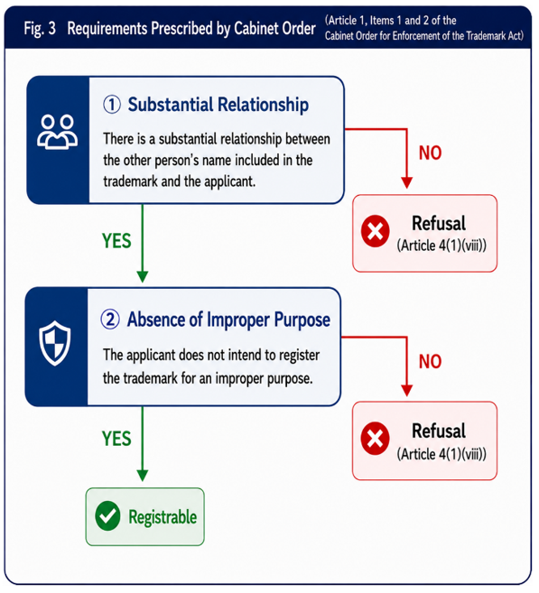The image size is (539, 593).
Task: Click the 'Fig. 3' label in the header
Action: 40,28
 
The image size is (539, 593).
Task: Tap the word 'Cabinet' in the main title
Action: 256,28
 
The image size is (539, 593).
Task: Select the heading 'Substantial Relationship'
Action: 218,105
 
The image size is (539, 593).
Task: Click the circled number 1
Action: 112,105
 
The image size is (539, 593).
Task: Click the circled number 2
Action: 110,320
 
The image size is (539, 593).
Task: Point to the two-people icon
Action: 58,132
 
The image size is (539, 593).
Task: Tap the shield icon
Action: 55,343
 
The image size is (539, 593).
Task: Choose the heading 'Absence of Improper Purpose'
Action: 228,320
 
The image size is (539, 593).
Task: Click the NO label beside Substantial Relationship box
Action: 430,153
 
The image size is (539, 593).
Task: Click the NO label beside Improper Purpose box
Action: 430,362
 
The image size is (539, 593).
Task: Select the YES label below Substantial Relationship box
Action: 116,241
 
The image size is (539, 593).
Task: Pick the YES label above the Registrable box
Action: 116,439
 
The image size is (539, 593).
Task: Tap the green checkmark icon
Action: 107,516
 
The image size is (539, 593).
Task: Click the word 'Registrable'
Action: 163,517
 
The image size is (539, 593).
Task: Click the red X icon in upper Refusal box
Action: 376,231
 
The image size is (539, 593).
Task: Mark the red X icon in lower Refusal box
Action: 376,439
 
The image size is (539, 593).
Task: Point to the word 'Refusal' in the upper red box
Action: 439,223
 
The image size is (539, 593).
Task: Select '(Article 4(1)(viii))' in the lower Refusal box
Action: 441,454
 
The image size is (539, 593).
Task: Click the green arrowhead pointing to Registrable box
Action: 143,476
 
